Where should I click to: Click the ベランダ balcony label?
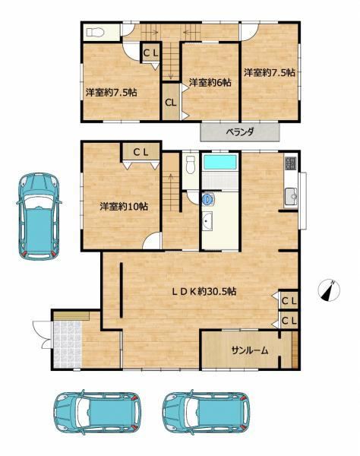240,132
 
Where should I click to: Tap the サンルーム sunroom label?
250,350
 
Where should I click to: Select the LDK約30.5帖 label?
204,291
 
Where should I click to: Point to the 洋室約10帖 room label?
124,207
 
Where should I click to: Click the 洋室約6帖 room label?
210,83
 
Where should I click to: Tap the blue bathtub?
220,162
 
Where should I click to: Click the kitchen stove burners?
291,163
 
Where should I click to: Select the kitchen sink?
291,197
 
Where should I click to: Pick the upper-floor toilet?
95,32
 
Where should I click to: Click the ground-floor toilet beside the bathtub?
191,164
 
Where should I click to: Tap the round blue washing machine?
207,199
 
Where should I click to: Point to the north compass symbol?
329,290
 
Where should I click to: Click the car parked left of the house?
39,216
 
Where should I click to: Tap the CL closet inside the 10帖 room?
141,152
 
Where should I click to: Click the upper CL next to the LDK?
289,300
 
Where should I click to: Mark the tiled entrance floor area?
68,344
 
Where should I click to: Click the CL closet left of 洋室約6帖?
171,102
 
